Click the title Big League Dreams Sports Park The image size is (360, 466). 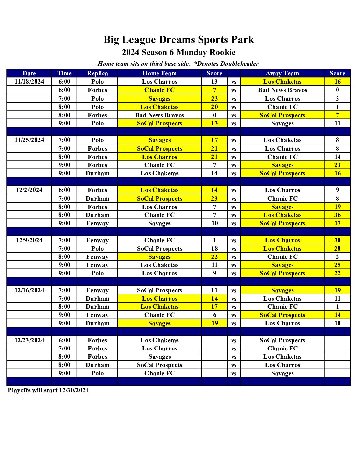[179, 40]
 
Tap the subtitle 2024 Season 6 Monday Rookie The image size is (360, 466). [179, 52]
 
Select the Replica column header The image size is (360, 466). [97, 73]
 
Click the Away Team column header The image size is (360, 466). [282, 73]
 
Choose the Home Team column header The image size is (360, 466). [159, 73]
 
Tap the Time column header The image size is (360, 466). [64, 73]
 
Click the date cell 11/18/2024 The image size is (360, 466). [29, 82]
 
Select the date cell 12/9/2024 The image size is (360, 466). [29, 240]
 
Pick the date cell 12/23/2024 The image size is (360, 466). [29, 340]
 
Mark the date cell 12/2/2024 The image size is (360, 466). [29, 190]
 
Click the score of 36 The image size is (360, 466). [337, 215]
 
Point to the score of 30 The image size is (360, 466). [337, 240]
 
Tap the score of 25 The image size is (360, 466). [337, 265]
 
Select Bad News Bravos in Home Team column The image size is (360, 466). [159, 115]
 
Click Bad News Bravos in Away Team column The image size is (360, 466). [282, 90]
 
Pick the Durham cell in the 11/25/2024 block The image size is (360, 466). [97, 173]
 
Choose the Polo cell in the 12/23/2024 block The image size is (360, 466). [97, 373]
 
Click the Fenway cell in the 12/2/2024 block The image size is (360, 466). [97, 223]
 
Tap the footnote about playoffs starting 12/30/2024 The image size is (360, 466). [48, 390]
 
